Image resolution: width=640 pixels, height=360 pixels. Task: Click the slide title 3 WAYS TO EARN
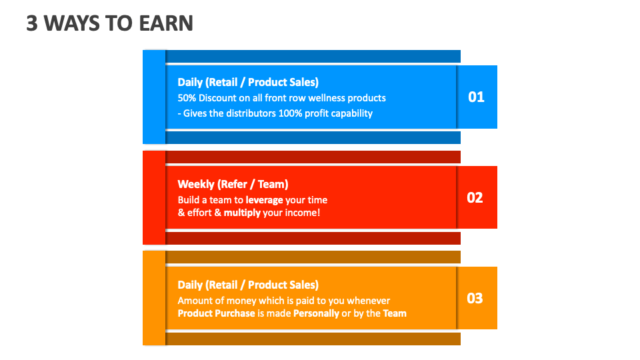[x=109, y=23]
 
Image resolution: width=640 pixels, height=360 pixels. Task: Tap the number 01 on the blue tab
[x=476, y=97]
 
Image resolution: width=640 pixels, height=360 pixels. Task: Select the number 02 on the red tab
[x=475, y=198]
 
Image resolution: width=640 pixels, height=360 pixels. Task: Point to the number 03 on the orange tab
[x=475, y=298]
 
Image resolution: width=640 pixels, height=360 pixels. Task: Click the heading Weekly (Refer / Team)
[x=233, y=184]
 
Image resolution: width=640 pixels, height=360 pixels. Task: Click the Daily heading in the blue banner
[x=248, y=82]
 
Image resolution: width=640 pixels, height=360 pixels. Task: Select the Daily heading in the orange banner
[x=248, y=285]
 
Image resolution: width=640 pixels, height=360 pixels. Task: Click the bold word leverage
[x=264, y=200]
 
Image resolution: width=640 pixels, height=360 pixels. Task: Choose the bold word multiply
[x=241, y=213]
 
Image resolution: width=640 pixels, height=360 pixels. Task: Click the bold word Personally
[x=316, y=313]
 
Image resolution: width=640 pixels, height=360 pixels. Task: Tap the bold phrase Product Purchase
[x=216, y=313]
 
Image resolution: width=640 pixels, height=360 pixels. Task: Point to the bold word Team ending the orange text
[x=395, y=313]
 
